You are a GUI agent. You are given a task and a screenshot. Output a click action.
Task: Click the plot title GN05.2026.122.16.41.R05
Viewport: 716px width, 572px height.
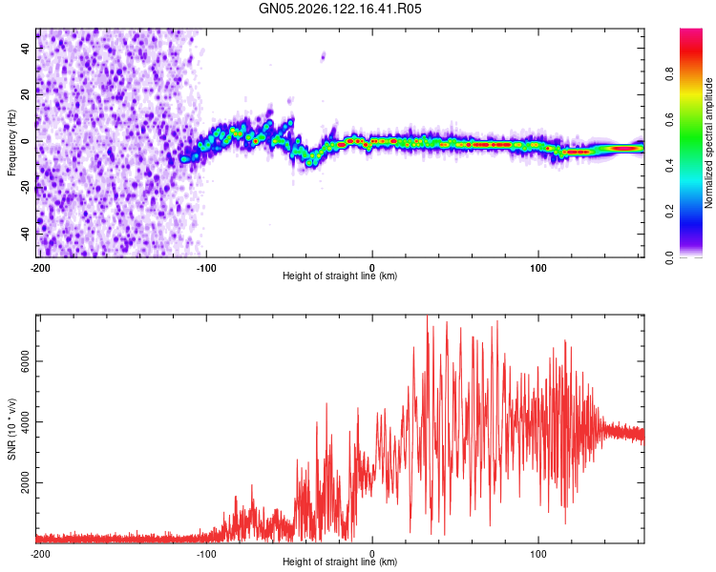click(340, 9)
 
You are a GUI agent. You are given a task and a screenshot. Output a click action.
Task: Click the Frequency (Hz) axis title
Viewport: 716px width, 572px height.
click(11, 143)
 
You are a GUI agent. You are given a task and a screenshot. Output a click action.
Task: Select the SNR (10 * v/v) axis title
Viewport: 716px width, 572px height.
click(11, 429)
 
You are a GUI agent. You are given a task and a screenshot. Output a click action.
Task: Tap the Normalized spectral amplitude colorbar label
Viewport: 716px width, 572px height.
click(708, 143)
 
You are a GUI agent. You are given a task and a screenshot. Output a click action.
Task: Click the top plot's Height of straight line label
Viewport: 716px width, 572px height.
click(340, 276)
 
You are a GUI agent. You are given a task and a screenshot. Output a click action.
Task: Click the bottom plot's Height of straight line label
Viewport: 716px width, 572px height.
click(340, 562)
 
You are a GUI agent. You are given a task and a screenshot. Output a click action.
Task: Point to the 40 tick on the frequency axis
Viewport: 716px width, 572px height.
click(26, 49)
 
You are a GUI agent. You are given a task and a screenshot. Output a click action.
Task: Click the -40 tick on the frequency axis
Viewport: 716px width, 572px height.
click(26, 235)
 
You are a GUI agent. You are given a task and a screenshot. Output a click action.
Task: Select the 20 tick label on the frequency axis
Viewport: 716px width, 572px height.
click(26, 95)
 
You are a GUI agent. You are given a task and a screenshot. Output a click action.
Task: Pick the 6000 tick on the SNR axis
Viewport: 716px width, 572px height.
click(26, 361)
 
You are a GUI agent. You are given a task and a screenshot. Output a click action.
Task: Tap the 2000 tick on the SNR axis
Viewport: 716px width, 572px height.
click(26, 482)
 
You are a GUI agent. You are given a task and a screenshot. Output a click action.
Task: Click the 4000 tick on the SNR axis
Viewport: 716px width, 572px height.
click(26, 422)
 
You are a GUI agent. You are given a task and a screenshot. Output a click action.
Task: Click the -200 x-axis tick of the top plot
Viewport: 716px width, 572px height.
click(40, 268)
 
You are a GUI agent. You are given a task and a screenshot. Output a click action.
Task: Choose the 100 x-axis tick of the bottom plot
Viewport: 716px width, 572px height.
click(538, 554)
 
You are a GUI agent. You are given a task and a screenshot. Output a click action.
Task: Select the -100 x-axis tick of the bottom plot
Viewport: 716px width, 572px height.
click(206, 554)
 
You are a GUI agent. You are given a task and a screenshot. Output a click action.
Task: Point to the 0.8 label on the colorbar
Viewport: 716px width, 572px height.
click(669, 74)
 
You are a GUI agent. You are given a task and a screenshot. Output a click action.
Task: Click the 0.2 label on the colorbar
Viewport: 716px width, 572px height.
click(669, 212)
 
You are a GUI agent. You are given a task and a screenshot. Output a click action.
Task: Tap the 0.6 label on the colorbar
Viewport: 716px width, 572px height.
click(669, 120)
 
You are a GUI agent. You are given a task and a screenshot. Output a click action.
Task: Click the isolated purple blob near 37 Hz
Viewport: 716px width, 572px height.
click(324, 56)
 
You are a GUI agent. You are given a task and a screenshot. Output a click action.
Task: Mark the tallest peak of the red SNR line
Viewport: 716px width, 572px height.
click(427, 316)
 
